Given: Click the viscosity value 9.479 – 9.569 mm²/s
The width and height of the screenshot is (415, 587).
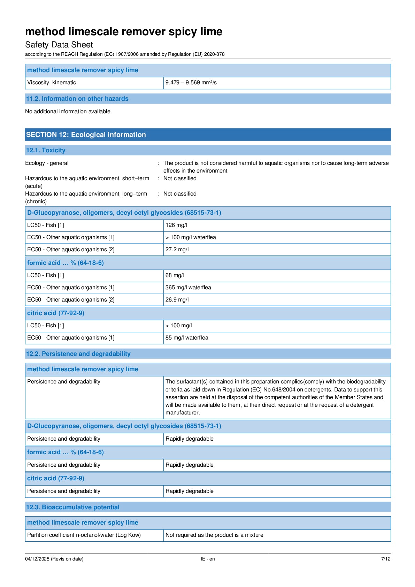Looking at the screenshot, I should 191,83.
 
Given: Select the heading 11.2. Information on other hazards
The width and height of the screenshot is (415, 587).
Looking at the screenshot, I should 77,99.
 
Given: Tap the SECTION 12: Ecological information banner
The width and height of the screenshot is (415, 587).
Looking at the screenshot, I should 86,135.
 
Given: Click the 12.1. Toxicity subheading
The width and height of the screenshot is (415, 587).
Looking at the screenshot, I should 46,150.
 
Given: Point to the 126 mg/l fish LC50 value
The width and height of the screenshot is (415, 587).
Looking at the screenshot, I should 176,225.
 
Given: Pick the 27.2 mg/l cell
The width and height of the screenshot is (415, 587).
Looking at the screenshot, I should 177,250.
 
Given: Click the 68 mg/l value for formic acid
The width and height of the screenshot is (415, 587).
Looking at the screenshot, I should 175,275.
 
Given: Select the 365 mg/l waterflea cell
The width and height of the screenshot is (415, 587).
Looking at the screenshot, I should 188,288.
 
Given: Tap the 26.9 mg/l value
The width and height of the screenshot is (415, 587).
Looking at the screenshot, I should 177,300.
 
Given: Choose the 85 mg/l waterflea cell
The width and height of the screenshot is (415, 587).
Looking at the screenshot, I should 187,338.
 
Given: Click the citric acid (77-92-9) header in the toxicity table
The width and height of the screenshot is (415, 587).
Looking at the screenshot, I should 56,313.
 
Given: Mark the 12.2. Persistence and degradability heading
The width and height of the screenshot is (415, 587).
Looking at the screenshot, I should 78,354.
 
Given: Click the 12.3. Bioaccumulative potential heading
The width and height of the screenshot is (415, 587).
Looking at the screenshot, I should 72,507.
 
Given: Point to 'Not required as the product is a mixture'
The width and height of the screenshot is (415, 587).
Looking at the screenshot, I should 214,535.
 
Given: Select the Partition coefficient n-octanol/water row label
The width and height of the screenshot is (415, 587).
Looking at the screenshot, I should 84,535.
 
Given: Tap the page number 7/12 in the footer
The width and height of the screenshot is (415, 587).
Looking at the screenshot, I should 386,559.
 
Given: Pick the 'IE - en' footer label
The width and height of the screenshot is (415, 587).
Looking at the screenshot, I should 208,559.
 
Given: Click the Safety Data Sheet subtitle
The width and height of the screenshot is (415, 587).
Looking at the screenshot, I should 59,45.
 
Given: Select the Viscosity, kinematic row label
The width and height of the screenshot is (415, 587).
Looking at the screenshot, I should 52,83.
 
